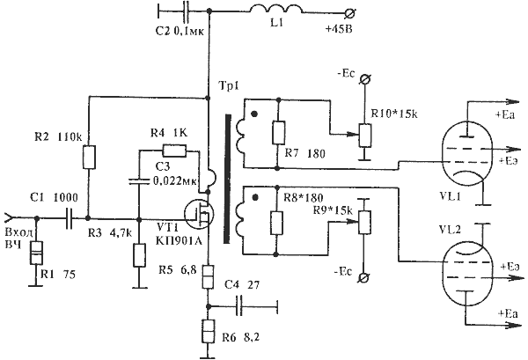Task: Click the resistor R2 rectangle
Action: point(89,158)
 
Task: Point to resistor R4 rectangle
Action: point(174,151)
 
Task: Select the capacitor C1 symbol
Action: point(69,218)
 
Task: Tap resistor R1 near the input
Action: point(36,253)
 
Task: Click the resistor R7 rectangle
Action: point(278,132)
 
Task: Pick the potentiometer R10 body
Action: point(364,135)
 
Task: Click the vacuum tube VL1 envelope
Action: point(466,156)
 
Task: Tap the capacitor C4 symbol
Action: point(239,305)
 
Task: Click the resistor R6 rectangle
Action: point(208,331)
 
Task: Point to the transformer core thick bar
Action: point(228,179)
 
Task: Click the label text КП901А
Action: point(178,239)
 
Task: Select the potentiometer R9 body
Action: point(364,223)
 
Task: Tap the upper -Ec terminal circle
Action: point(364,80)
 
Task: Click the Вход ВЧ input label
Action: point(19,239)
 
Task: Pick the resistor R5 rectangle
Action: point(208,276)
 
